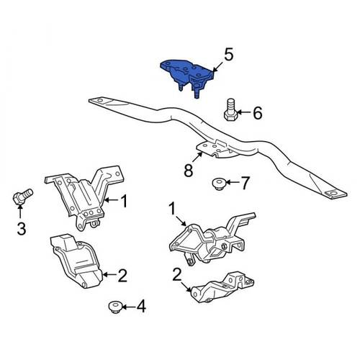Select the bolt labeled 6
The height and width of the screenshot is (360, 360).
point(230,109)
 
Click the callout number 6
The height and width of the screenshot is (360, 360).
point(257,113)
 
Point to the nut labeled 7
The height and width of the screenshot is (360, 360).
point(218,184)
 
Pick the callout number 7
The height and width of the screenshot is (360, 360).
point(245,184)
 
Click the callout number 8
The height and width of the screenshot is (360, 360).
point(189,170)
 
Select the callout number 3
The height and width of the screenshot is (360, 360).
point(22,228)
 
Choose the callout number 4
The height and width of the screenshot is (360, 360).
point(141,306)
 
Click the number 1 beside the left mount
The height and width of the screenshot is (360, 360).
point(123,201)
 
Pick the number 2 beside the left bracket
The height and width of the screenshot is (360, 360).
point(122,275)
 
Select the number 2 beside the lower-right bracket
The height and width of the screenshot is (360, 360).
point(177,275)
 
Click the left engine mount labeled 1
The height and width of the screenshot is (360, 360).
point(85,197)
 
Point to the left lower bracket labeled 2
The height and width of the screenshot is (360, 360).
point(76,261)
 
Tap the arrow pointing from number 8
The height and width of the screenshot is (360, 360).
point(197,158)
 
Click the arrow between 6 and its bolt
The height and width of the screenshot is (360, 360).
point(243,112)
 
